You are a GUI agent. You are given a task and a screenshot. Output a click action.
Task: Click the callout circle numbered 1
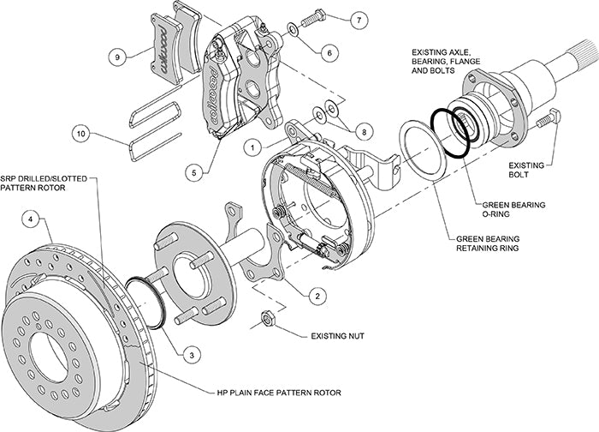[x=254, y=147]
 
